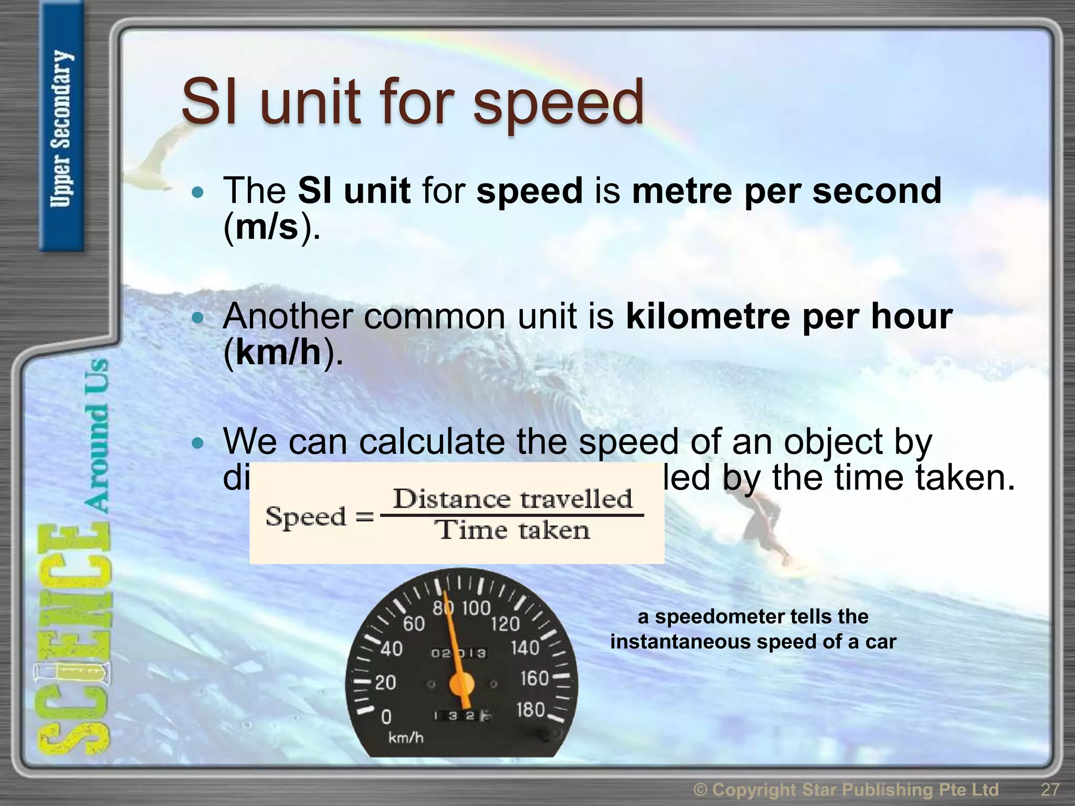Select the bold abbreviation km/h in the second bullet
(x=278, y=353)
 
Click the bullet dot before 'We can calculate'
(x=197, y=444)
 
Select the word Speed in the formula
(x=305, y=517)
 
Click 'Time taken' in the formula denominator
(x=513, y=530)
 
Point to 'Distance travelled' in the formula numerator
(x=512, y=499)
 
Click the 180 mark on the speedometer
(x=531, y=710)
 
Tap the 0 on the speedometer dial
(x=386, y=717)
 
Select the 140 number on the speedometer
(x=525, y=648)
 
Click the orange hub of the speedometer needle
(x=461, y=684)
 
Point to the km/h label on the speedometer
(x=405, y=738)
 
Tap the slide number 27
(x=1050, y=789)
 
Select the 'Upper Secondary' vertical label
(x=61, y=129)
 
